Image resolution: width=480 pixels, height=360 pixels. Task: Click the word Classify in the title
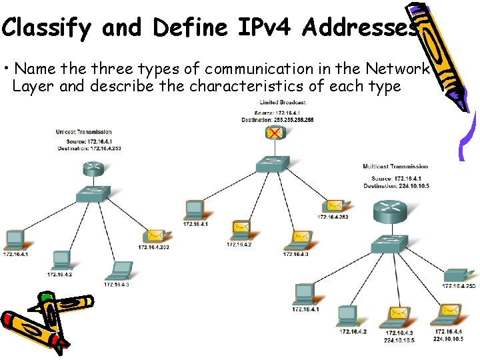tap(47, 28)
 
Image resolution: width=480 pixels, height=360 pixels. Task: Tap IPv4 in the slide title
tap(262, 28)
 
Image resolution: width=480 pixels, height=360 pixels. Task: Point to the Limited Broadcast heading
tap(283, 102)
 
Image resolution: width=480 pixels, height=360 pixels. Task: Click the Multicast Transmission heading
tap(395, 166)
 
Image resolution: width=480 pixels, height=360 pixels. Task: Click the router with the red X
tap(273, 133)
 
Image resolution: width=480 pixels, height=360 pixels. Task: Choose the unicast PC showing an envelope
tap(154, 235)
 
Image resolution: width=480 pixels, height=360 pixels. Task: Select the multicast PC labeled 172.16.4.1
tap(305, 293)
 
